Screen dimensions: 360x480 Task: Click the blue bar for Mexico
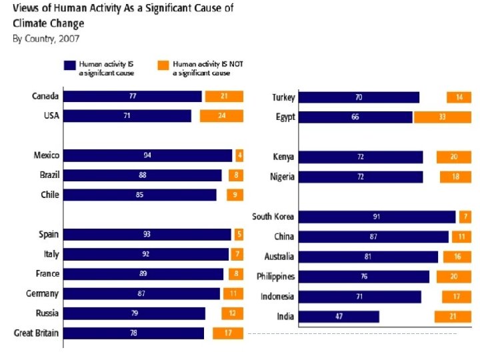coord(148,155)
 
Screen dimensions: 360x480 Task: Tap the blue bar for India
coord(339,317)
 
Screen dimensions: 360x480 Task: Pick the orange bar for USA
coord(221,116)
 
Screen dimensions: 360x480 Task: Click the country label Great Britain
coord(37,333)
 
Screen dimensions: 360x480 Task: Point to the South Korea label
coord(273,217)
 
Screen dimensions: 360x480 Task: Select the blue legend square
coord(69,65)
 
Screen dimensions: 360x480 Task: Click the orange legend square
coord(162,65)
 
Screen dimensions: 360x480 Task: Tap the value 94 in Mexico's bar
coord(147,155)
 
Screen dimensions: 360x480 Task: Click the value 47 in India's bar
coord(339,317)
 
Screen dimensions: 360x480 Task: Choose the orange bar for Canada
coord(224,96)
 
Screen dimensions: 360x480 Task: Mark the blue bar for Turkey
coord(359,97)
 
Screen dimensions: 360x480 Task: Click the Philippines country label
coord(276,277)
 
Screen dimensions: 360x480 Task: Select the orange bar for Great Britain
coord(228,333)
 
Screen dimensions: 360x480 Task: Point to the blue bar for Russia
coord(135,313)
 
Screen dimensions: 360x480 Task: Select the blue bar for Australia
coord(369,257)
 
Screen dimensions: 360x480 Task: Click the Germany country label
coord(43,294)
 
